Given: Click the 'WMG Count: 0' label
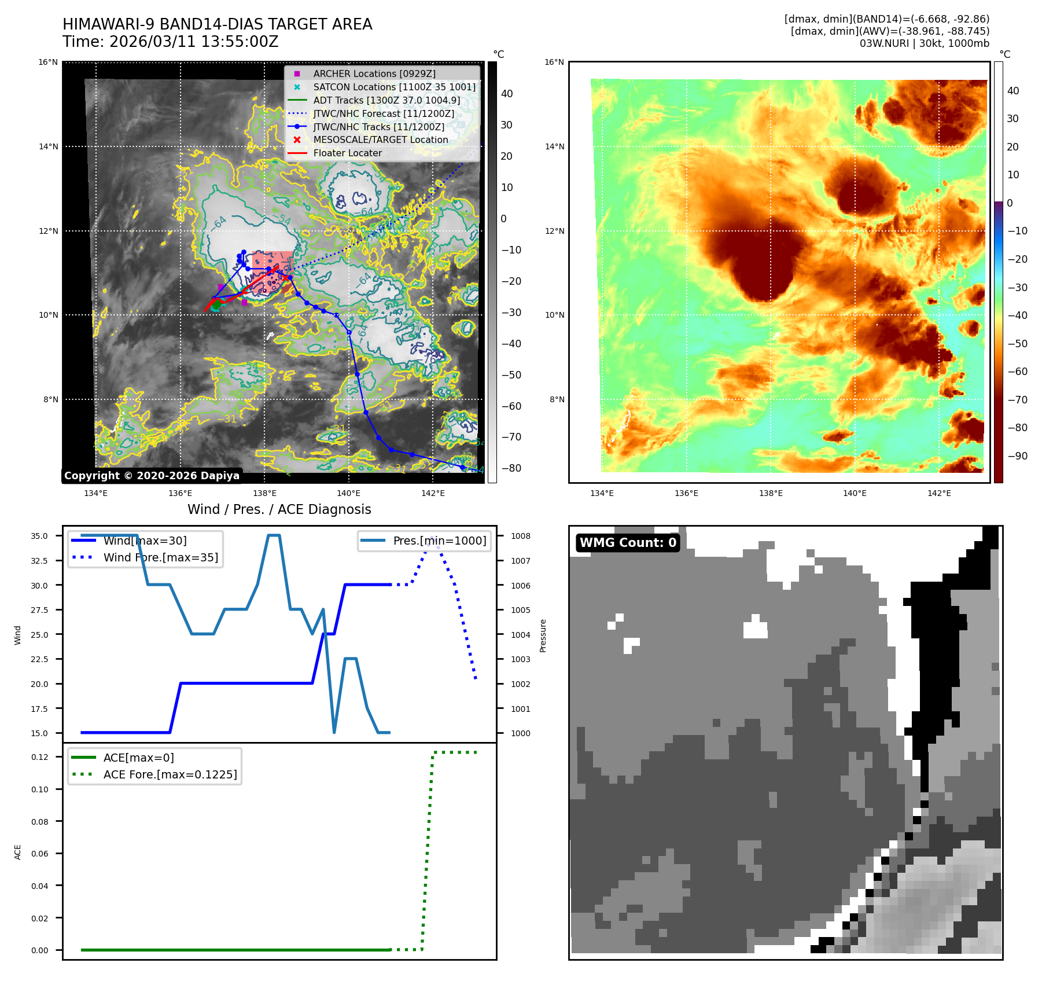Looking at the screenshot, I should (x=628, y=542).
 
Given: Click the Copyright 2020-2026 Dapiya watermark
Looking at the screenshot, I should (x=152, y=476).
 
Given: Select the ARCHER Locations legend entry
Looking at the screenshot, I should (x=374, y=74).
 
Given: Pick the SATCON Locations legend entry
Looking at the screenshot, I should (x=394, y=87).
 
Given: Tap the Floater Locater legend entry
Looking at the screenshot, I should (x=347, y=153).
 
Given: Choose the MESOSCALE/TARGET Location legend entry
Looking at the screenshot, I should (x=380, y=139).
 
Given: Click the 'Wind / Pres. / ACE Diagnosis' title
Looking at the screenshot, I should (x=279, y=509).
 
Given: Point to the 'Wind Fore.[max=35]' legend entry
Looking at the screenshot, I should (x=160, y=557).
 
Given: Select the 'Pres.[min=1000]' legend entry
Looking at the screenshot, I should (x=439, y=541).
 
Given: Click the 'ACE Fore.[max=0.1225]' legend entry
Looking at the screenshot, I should (x=170, y=774).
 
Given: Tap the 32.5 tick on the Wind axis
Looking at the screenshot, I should (x=39, y=561).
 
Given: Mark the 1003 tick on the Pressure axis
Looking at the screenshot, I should (x=520, y=659).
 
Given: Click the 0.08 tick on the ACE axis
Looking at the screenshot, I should (x=39, y=822).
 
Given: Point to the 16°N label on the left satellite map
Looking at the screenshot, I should (x=48, y=63).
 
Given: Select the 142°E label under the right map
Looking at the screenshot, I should (x=938, y=493).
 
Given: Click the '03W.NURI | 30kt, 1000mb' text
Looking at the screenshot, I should (x=924, y=43).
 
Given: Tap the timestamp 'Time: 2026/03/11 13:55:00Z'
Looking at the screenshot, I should (x=171, y=42).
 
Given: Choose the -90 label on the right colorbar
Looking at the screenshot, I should (x=1017, y=456).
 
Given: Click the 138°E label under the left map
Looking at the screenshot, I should (x=264, y=493).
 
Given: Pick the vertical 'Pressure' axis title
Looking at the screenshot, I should (x=543, y=635).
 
